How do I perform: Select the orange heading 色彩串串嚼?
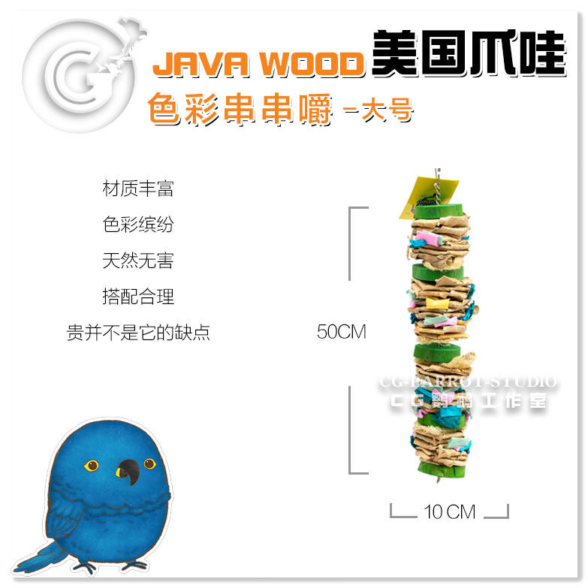point(240,110)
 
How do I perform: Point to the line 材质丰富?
point(138,188)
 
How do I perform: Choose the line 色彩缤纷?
point(138,225)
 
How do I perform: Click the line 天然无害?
point(138,261)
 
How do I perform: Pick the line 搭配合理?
point(138,297)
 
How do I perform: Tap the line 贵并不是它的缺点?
point(138,333)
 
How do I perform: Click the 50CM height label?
point(342,332)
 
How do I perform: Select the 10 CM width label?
point(450,512)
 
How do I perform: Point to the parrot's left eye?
point(91,465)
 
